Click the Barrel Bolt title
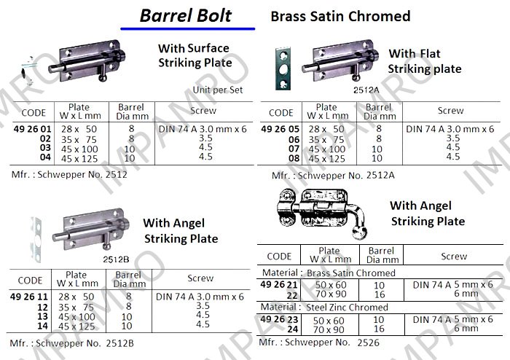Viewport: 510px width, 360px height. tap(185, 15)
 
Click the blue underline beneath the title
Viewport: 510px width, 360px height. tap(188, 29)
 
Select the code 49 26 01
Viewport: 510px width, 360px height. tap(33, 129)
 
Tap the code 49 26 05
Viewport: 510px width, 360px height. tap(280, 129)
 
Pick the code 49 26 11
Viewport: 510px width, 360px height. tap(29, 297)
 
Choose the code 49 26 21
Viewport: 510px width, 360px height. tap(279, 284)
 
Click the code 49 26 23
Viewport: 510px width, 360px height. tap(279, 319)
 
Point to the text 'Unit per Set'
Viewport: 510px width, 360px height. tap(218, 90)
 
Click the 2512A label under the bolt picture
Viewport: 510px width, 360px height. tap(366, 90)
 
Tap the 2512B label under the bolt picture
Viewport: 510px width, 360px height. tap(116, 259)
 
